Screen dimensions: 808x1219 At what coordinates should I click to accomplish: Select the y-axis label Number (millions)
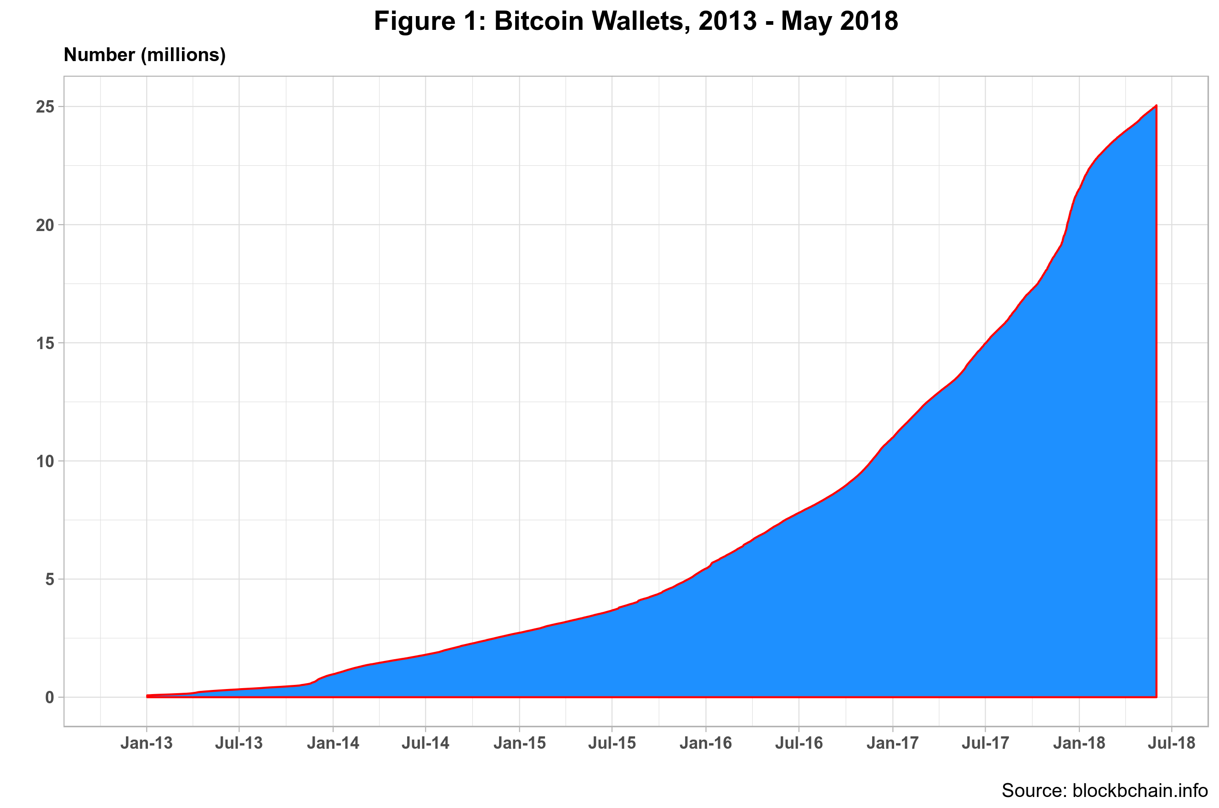144,55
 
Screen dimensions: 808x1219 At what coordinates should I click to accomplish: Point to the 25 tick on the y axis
45,107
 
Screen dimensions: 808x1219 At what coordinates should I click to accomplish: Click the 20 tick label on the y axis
45,225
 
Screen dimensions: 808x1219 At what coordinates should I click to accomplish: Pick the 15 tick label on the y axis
45,343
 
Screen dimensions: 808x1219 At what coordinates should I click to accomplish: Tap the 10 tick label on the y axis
45,461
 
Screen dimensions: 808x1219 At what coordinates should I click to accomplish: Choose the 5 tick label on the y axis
50,579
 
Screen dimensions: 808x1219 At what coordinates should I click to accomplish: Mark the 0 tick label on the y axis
50,697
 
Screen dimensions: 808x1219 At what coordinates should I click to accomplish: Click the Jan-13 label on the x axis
147,743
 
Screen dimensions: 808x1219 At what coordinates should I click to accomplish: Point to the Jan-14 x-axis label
333,743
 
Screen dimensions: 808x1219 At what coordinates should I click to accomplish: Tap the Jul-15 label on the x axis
612,743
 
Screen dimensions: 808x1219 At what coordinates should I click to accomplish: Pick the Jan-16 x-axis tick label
706,743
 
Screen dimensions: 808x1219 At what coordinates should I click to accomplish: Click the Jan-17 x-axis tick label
892,743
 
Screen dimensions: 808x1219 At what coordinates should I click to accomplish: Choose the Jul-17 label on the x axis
985,743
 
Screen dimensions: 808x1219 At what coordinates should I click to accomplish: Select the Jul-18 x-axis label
1172,743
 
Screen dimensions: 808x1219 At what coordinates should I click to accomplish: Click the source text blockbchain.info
1140,791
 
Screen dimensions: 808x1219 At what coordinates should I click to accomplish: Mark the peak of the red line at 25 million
1156,106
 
